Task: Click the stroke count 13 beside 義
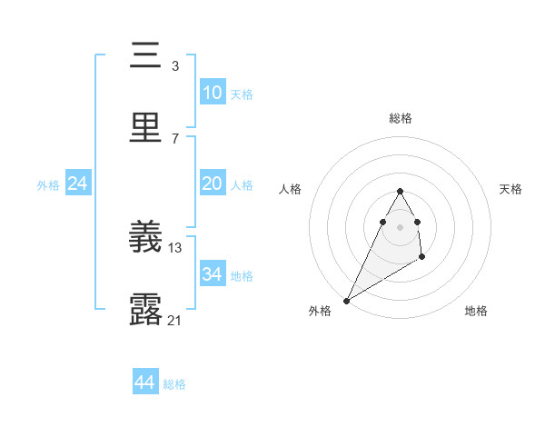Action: tap(175, 247)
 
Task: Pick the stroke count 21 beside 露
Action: tap(175, 320)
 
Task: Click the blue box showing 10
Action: tap(212, 93)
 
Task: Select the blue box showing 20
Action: tap(212, 184)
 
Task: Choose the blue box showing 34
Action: tap(212, 274)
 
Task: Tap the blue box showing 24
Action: tap(78, 184)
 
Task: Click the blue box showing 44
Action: tap(144, 382)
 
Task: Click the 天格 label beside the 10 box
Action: tap(242, 94)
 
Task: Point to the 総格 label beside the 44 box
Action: tap(174, 384)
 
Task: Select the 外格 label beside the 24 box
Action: tap(48, 185)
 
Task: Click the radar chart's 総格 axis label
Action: tap(401, 118)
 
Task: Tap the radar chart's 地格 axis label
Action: tap(476, 311)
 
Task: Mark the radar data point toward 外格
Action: tap(346, 301)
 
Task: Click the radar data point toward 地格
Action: tap(422, 258)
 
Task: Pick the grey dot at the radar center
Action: tap(401, 226)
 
